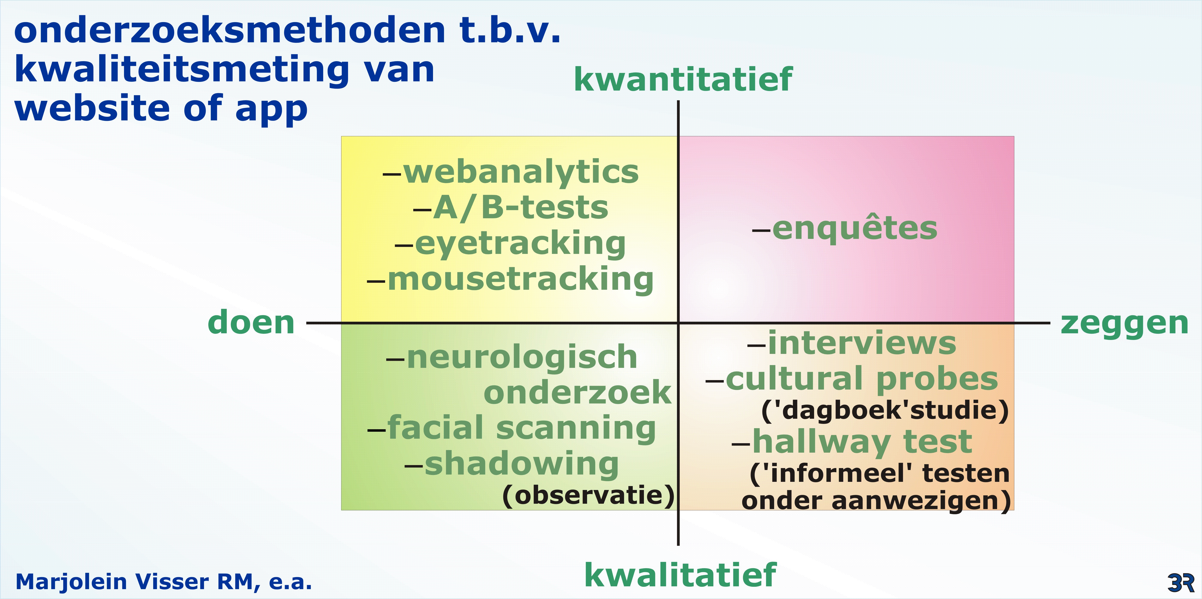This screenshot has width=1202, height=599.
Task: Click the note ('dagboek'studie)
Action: tap(885, 410)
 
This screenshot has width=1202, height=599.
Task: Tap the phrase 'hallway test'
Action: tap(862, 442)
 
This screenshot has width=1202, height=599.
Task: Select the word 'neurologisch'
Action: tap(522, 357)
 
